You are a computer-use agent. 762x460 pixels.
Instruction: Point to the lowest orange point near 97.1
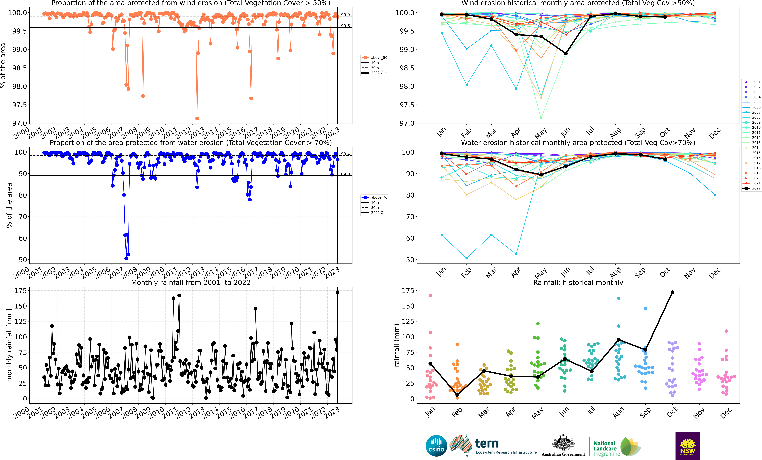(x=197, y=118)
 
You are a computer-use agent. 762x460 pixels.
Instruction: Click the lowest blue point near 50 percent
(x=126, y=258)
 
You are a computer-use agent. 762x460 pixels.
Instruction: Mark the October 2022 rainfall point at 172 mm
(x=672, y=292)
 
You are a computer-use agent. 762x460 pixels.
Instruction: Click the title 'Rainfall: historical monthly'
(x=578, y=282)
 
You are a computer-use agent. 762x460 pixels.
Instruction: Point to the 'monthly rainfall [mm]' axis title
(x=9, y=345)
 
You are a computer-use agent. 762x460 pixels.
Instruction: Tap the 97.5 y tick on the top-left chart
(x=19, y=105)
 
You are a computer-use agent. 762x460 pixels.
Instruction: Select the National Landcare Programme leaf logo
(x=630, y=446)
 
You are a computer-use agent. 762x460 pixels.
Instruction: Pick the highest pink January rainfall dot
(x=430, y=295)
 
